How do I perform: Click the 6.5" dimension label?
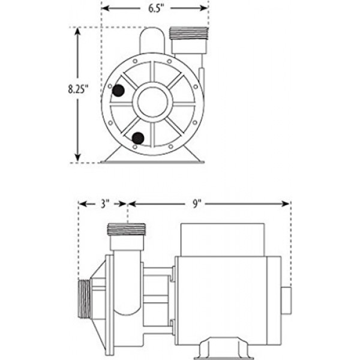coord(156,8)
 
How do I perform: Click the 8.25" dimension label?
coord(78,89)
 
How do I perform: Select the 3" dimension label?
coord(104,203)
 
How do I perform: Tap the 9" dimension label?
coord(197,203)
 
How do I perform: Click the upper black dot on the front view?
coord(118,90)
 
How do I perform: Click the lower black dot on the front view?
coord(138,138)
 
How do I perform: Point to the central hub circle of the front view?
coord(152,102)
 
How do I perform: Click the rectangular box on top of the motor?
coord(223,239)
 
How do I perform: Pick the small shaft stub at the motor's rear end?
coord(286,301)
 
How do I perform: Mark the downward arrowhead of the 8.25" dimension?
coord(78,158)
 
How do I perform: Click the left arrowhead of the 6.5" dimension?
coord(105,8)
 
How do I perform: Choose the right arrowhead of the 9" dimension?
coord(286,203)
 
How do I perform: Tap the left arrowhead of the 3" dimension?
coord(82,203)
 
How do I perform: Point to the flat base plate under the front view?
coord(152,162)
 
